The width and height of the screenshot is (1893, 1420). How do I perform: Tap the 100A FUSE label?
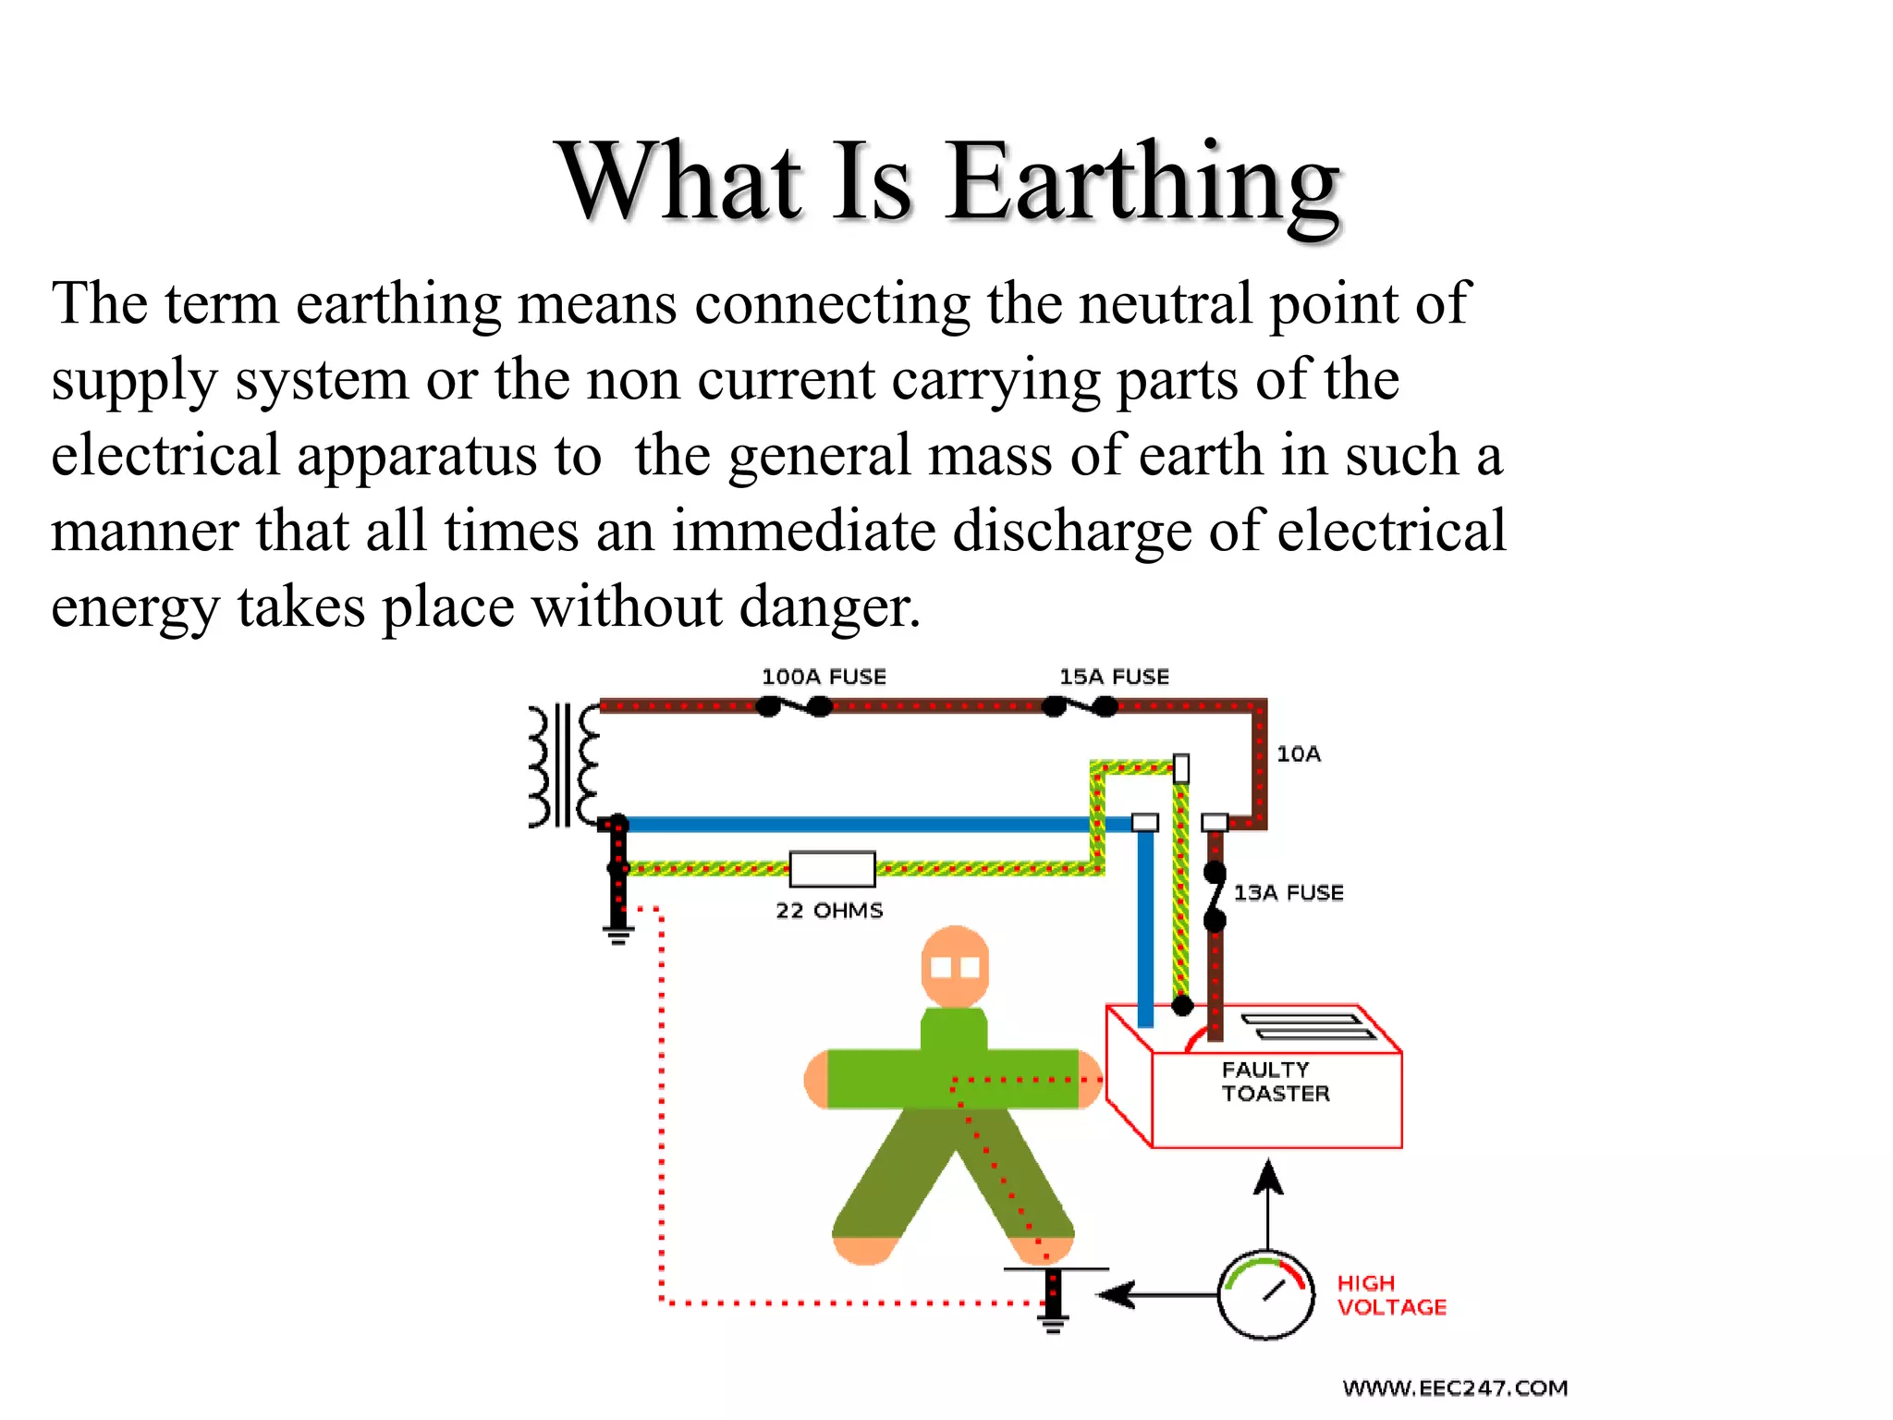(824, 677)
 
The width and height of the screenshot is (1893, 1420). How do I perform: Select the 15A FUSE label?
(1114, 677)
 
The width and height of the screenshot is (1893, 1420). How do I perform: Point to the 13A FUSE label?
(1288, 893)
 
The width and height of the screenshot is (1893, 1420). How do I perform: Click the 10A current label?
(1299, 754)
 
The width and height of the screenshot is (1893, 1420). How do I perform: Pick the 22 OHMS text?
(829, 911)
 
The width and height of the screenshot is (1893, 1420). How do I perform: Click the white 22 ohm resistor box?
(832, 869)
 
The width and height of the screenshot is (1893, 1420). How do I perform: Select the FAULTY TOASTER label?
(1275, 1082)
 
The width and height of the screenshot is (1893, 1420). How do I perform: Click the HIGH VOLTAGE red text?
(1391, 1295)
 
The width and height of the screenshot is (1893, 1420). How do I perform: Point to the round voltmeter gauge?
(1265, 1295)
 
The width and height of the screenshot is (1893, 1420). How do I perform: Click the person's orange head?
(955, 967)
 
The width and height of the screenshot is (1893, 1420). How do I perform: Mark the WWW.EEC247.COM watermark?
(1455, 1388)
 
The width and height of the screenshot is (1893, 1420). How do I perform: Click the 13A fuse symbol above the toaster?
(1215, 896)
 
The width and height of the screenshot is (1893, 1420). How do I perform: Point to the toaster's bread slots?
(1307, 1026)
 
